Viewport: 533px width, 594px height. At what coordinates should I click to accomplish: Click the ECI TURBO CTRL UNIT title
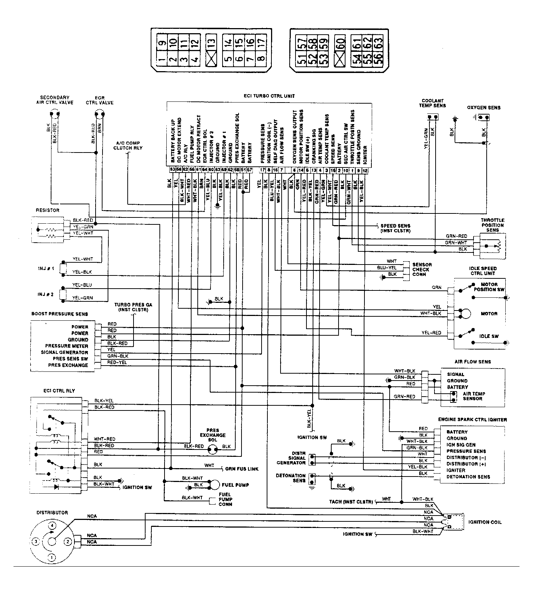(x=269, y=96)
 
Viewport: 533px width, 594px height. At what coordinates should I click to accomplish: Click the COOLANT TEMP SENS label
(x=432, y=103)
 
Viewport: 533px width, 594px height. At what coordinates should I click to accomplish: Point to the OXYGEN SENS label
(x=483, y=108)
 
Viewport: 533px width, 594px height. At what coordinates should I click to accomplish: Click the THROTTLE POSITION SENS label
(x=492, y=225)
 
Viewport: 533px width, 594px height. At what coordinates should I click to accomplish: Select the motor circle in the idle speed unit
(x=465, y=313)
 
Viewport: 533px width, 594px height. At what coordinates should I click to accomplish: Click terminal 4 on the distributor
(x=53, y=526)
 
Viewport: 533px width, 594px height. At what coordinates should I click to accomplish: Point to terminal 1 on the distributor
(x=52, y=558)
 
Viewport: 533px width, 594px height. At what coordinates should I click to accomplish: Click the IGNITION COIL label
(x=485, y=522)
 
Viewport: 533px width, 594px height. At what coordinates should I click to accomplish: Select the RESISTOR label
(x=47, y=210)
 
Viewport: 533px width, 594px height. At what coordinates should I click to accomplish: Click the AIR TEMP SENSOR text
(x=474, y=396)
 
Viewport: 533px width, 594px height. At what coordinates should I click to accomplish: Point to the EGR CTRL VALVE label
(x=100, y=100)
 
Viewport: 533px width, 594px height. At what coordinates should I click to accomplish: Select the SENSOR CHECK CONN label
(x=422, y=269)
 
